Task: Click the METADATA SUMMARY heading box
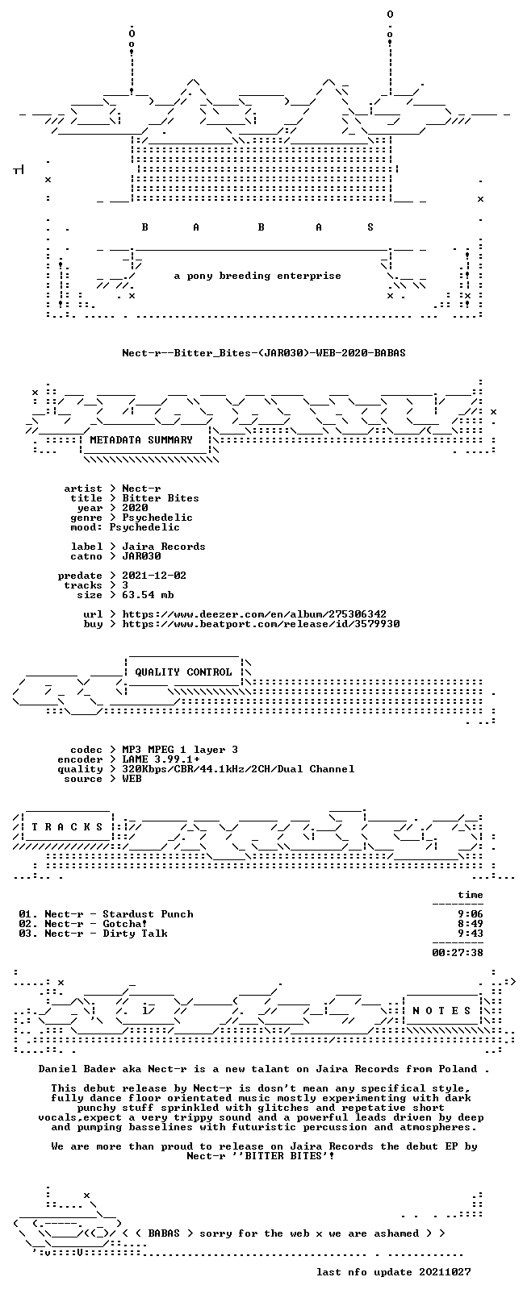140,440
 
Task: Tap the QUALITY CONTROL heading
183,672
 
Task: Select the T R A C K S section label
67,827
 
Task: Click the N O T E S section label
441,1010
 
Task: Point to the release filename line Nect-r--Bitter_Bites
264,353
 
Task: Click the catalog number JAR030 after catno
141,556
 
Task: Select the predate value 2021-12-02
154,576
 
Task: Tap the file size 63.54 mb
148,595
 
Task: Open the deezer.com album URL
254,614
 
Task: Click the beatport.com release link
261,624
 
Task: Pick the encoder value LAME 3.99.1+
161,759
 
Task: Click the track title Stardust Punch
148,914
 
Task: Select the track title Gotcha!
125,924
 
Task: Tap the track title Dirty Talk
135,934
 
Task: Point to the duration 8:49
471,924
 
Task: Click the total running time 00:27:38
458,953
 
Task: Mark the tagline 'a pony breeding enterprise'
257,276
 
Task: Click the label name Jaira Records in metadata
163,547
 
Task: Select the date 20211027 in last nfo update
445,1272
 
